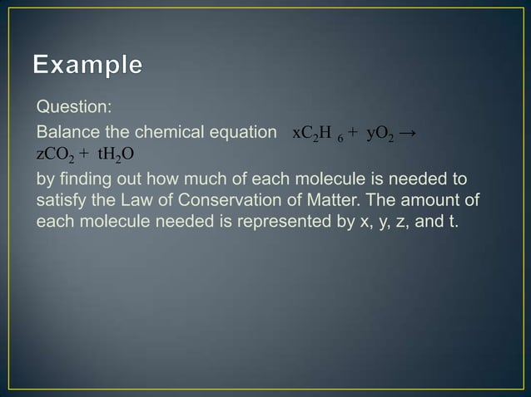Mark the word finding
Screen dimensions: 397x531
point(82,179)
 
